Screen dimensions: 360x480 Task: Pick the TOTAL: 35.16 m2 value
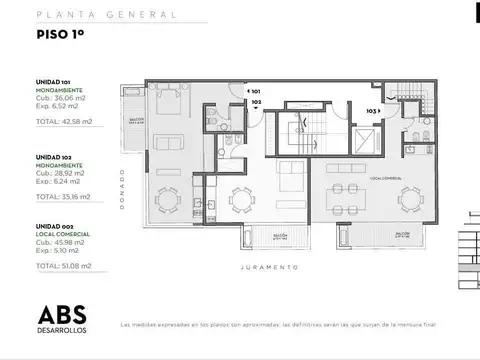pos(63,196)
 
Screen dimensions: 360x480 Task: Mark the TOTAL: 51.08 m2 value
pos(63,266)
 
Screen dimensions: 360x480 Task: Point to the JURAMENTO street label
pos(276,268)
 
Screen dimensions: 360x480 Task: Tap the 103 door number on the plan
pos(371,111)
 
